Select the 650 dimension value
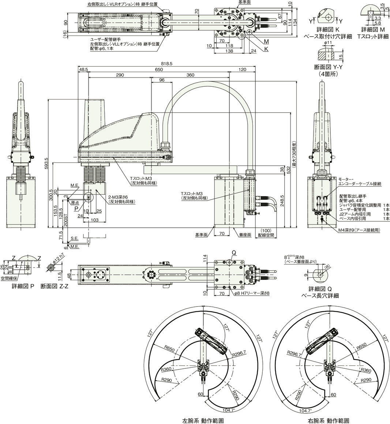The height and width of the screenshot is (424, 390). pyautogui.click(x=159, y=69)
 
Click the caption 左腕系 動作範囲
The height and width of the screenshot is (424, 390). pyautogui.click(x=203, y=421)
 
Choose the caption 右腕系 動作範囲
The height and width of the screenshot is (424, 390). pyautogui.click(x=329, y=421)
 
